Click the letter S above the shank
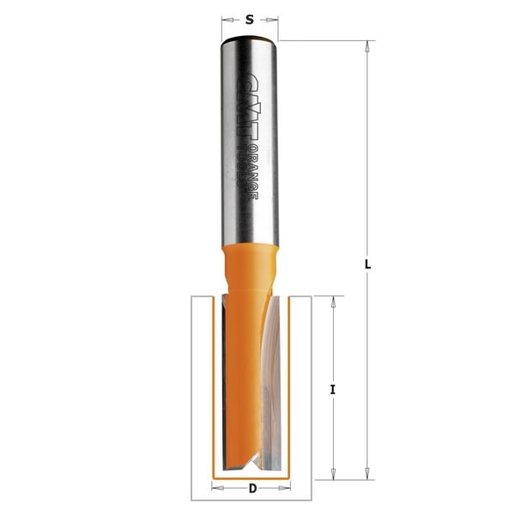click(249, 16)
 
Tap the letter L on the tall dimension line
click(367, 265)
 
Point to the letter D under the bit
click(251, 489)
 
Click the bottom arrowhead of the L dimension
click(367, 473)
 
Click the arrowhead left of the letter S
click(226, 16)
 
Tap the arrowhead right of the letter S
click(275, 16)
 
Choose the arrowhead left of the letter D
click(215, 489)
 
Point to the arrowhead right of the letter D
click(286, 489)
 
